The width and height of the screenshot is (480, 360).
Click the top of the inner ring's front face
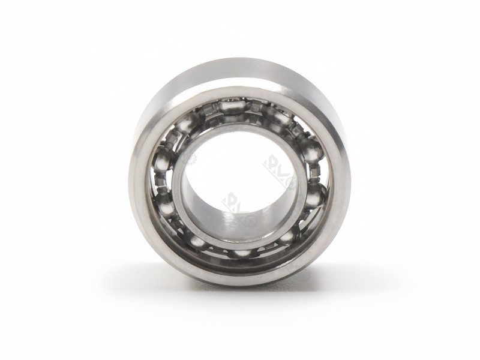tap(239, 129)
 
